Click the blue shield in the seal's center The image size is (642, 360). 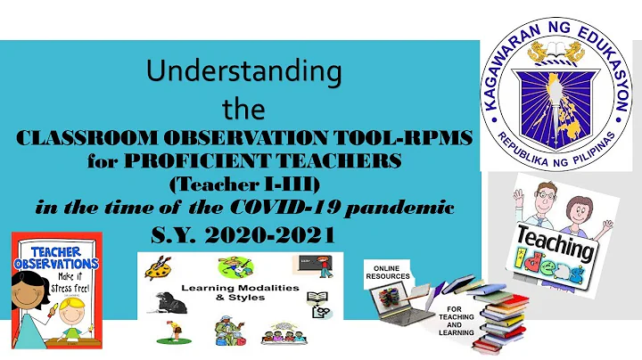[558, 95]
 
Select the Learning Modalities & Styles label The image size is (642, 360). [239, 293]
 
